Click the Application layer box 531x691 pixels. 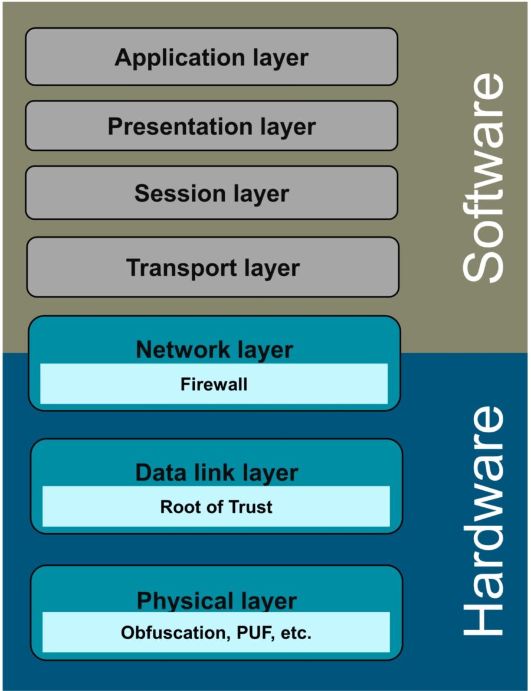pyautogui.click(x=211, y=57)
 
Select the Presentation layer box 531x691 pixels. pyautogui.click(x=211, y=126)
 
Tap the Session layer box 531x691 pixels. pyautogui.click(x=211, y=193)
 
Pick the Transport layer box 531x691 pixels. pyautogui.click(x=212, y=267)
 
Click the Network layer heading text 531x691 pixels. pyautogui.click(x=214, y=350)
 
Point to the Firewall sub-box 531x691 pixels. pyautogui.click(x=214, y=384)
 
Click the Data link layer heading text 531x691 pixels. pyautogui.click(x=217, y=472)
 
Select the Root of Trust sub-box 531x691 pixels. pyautogui.click(x=216, y=507)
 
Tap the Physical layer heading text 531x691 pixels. pyautogui.click(x=217, y=601)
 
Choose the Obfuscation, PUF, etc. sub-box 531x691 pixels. pyautogui.click(x=216, y=633)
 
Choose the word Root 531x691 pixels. pyautogui.click(x=178, y=507)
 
